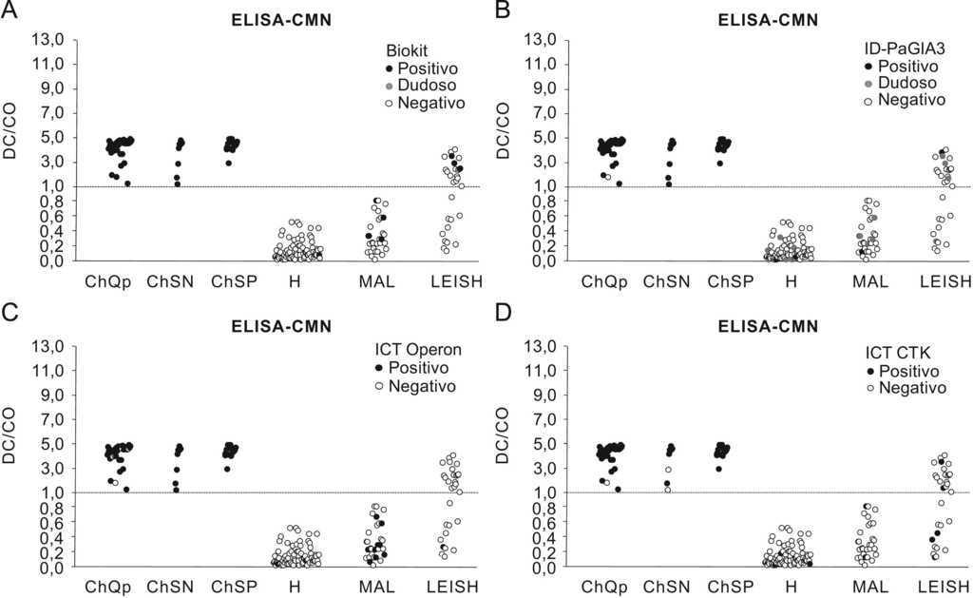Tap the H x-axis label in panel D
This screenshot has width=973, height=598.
[792, 587]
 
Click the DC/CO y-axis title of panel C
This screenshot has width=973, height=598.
[11, 435]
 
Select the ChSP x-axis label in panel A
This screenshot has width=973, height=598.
[233, 281]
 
